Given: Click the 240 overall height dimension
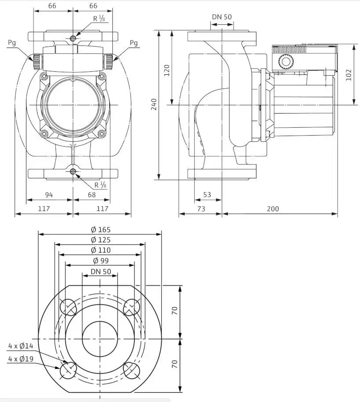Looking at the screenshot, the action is point(154,104).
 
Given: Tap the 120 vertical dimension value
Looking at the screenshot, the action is point(167,70).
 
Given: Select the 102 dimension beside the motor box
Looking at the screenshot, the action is point(349,75).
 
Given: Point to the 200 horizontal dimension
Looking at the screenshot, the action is point(272,209).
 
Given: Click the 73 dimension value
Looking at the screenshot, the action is point(201,209).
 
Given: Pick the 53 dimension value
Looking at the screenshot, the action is point(207,195).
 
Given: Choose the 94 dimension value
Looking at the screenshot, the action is point(49,195).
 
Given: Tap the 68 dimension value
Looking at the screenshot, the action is point(92,195).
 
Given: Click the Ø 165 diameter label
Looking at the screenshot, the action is point(100,229).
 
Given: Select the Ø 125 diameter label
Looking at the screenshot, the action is point(100,240).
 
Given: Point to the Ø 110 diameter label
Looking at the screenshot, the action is point(100,250).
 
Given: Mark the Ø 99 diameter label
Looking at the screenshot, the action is point(101,261).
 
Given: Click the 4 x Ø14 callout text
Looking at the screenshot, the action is point(21,346).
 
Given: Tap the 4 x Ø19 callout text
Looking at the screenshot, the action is point(21,359).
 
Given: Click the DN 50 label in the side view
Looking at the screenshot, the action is point(222,17).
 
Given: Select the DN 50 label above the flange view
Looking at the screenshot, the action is point(101,272).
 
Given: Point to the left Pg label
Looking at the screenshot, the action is point(12,43).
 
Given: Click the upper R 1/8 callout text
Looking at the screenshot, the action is point(99,18).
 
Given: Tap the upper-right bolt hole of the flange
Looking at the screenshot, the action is point(131,307).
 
